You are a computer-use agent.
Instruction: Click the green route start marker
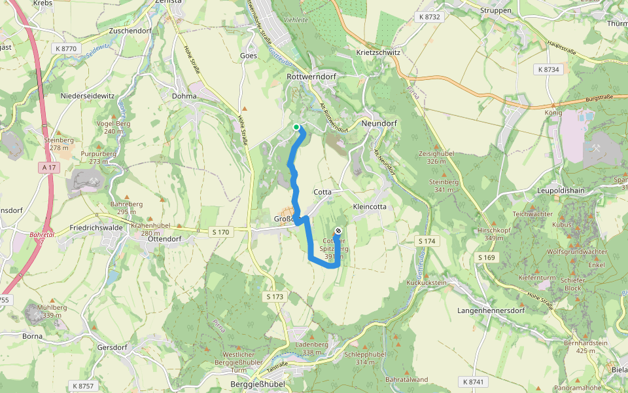point(296,127)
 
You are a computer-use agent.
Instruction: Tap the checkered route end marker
point(338,231)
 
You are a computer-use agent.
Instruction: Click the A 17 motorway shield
point(50,168)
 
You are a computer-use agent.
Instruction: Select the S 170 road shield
point(221,232)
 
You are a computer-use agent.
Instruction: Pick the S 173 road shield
point(276,297)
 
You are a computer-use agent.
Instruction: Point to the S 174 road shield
point(427,242)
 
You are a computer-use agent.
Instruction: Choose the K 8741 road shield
point(474,381)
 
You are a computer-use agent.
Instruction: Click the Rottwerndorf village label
point(311,77)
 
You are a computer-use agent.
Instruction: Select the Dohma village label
point(184,96)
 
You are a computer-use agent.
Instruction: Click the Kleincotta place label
point(370,206)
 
